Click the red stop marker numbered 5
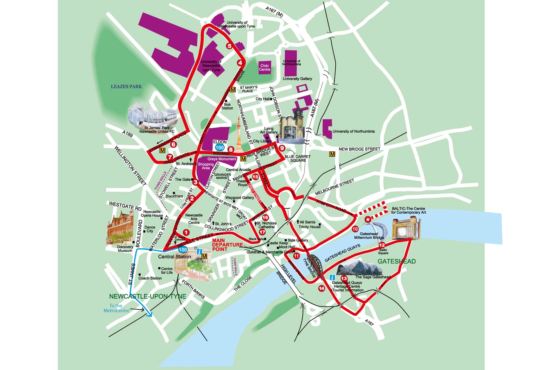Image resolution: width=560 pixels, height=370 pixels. (229, 46)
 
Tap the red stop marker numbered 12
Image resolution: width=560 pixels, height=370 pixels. (382, 245)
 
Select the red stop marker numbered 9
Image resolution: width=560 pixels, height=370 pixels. (282, 148)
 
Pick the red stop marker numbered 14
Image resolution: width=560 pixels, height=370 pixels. (321, 288)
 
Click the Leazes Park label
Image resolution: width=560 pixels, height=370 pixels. (126, 87)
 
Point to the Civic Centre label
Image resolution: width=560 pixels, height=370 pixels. (264, 68)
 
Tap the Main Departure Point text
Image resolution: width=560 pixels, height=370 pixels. (227, 245)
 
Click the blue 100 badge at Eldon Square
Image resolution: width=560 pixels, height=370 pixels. (220, 148)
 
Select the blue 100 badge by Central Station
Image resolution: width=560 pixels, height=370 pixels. (183, 249)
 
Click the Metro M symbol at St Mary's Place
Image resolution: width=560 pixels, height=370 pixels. (233, 90)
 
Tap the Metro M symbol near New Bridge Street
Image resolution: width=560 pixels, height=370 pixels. (332, 154)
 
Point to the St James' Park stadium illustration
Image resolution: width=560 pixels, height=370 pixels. (152, 117)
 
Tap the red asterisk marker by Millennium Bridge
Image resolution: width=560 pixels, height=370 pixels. (368, 220)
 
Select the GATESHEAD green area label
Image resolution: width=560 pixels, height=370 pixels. (397, 261)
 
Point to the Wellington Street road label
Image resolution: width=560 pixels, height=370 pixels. (130, 165)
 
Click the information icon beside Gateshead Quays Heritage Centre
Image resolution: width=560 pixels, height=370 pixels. (332, 277)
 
